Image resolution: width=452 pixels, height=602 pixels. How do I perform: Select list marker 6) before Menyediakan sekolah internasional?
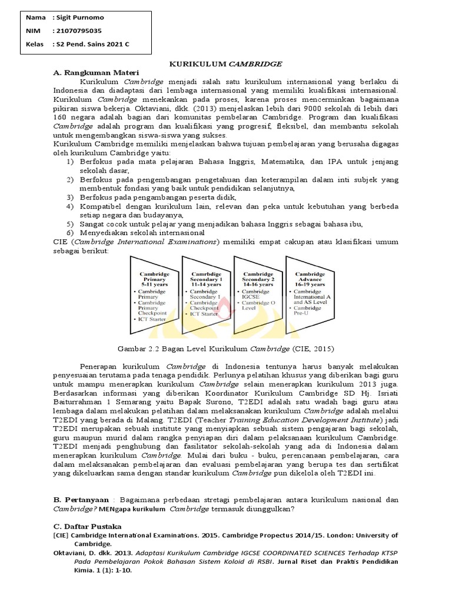[70, 233]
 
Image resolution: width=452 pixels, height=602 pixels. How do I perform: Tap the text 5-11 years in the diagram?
[154, 284]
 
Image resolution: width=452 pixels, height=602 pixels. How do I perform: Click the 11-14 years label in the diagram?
[205, 284]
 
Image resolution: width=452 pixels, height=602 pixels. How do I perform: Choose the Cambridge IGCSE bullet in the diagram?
[255, 294]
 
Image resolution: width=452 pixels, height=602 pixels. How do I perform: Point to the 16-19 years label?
[310, 284]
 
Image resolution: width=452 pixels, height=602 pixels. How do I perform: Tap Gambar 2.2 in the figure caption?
[135, 348]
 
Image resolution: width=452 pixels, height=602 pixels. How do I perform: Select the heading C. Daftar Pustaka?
[87, 526]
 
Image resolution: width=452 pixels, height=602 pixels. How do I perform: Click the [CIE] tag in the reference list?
[61, 536]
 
